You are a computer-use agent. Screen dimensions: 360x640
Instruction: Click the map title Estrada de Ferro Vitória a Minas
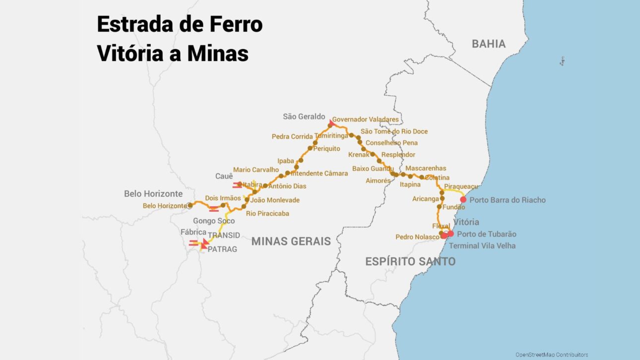click(x=179, y=39)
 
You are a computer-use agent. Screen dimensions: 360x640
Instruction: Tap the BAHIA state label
click(x=488, y=44)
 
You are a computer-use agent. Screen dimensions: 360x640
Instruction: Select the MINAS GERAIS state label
click(x=291, y=241)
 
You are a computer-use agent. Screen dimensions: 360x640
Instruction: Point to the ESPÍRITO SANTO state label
click(x=410, y=261)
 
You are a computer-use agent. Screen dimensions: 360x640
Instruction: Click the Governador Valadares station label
click(x=365, y=120)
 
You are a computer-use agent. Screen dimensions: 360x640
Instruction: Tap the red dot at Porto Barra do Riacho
click(x=463, y=200)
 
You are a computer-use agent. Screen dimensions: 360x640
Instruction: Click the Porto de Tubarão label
click(x=486, y=234)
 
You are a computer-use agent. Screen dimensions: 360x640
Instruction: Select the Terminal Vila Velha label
click(x=482, y=245)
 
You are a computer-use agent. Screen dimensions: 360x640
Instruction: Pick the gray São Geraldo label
click(x=304, y=117)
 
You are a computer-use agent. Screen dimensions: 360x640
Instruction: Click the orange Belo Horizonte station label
click(x=164, y=206)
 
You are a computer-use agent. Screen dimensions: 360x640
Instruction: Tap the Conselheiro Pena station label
click(x=391, y=143)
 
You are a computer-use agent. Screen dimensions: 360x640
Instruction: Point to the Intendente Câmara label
click(x=319, y=174)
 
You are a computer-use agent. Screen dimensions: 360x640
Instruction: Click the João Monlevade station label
click(x=275, y=200)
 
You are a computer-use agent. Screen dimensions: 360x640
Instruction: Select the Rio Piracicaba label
click(x=267, y=213)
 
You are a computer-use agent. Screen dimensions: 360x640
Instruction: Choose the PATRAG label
click(x=222, y=249)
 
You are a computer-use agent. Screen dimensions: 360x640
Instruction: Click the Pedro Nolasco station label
click(x=417, y=237)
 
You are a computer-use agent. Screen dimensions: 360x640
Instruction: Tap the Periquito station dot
click(x=310, y=148)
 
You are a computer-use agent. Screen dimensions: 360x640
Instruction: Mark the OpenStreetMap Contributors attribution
click(x=551, y=355)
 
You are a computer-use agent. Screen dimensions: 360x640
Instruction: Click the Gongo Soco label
click(x=214, y=221)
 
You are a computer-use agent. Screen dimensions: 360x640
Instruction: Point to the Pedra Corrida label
click(x=292, y=136)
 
